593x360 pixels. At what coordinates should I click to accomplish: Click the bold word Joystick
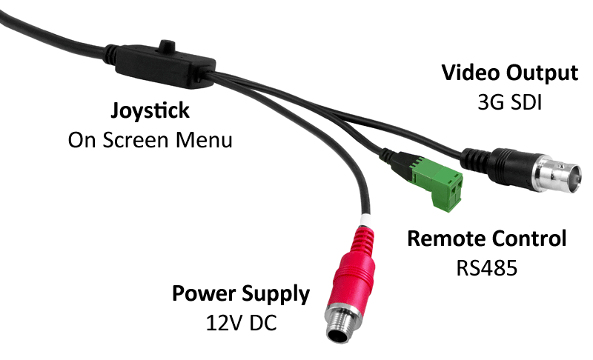pyautogui.click(x=150, y=111)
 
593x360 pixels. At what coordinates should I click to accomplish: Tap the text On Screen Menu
pyautogui.click(x=150, y=139)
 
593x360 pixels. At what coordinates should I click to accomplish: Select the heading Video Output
pyautogui.click(x=509, y=73)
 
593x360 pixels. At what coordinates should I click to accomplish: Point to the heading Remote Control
pyautogui.click(x=487, y=239)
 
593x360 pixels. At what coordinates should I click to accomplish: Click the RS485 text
pyautogui.click(x=486, y=267)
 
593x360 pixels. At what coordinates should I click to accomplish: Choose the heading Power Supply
pyautogui.click(x=241, y=293)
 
